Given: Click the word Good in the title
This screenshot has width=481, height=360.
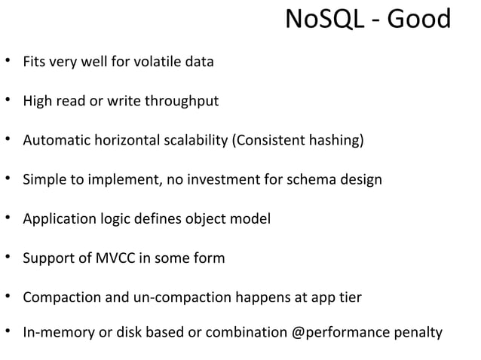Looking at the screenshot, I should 418,22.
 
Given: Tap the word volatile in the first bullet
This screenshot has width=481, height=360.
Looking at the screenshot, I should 155,62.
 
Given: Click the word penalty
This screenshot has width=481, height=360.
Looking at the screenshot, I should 419,331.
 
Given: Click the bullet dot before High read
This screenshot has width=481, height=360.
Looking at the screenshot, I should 9,100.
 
